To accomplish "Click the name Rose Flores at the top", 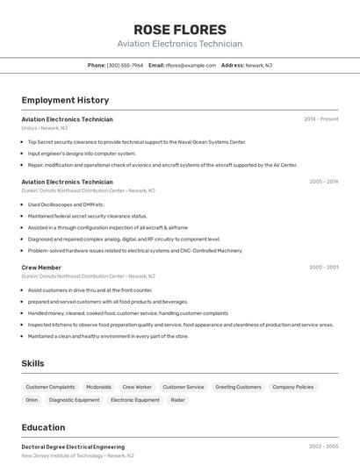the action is coord(179,29).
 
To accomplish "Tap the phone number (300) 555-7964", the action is coord(125,65).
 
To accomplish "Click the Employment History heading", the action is coord(65,100).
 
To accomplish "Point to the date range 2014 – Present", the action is coord(320,119).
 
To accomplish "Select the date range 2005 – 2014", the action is coord(323,182).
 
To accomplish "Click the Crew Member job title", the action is coord(41,268).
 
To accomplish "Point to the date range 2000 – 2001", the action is coord(323,268).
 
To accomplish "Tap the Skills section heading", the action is coord(32,362).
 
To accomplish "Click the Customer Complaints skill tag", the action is coord(50,387).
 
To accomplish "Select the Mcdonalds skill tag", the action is coord(98,387).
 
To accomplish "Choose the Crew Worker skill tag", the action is coord(137,387).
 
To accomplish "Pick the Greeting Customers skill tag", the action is coord(238,387).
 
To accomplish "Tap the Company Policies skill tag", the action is coord(292,387).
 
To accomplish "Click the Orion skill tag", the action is coord(32,400).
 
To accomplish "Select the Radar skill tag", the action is coord(178,400).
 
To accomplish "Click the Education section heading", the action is coord(43,427).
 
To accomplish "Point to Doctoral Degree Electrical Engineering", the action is coord(73,447).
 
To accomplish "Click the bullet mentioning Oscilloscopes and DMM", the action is coord(66,204).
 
